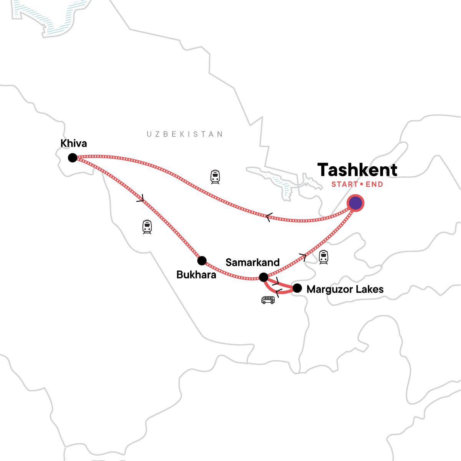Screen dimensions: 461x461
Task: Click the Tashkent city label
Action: coord(357,170)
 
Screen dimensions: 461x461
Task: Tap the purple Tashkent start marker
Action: coord(355,203)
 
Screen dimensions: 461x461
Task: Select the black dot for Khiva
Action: coord(72,158)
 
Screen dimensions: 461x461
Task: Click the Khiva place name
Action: coord(74,143)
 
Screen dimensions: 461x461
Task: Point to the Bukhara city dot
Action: coord(202,261)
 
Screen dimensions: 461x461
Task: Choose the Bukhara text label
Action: coord(196,275)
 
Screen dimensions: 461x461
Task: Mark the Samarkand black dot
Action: coord(264,277)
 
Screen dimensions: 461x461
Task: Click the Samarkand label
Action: coord(252,262)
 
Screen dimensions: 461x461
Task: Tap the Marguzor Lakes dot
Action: coord(297,288)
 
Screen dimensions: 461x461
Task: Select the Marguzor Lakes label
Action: coord(345,289)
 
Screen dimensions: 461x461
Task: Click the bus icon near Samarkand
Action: coord(268,300)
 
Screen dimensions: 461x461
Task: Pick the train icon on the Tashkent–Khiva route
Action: coord(215,177)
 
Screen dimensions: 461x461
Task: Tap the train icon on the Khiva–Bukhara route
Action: coord(147,227)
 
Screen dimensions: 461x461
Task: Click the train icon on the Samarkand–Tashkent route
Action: coord(323,257)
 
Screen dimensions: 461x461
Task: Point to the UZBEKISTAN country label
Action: coord(185,134)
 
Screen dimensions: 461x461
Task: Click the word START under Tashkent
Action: coord(345,184)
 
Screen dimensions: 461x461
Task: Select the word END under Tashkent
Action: coord(374,184)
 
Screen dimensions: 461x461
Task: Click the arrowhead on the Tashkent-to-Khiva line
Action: coord(269,217)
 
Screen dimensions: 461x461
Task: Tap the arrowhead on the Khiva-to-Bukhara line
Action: coord(141,199)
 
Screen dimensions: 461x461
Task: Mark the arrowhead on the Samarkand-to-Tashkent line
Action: coord(303,257)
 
